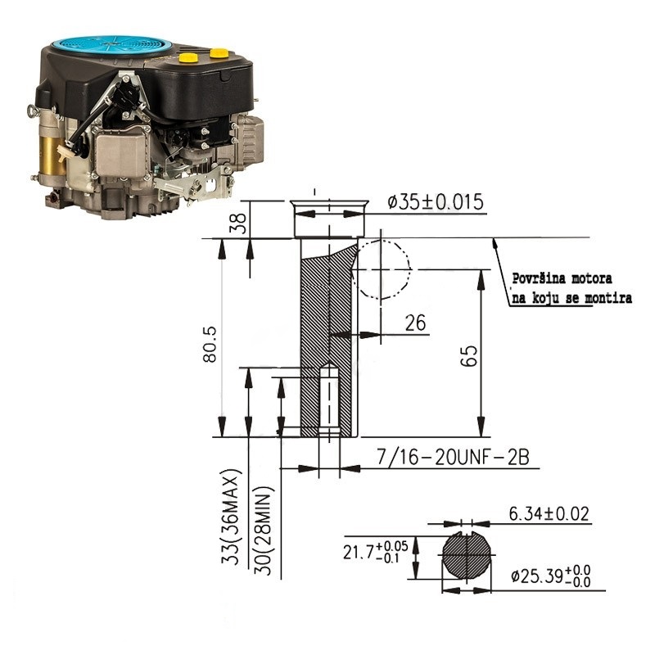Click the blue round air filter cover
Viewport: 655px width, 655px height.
tap(111, 46)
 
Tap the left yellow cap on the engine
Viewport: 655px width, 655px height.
tap(188, 57)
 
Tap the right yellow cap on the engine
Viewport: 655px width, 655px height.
tap(219, 53)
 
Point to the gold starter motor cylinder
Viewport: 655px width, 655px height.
tap(51, 156)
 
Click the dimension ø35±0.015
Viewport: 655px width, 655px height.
tap(436, 201)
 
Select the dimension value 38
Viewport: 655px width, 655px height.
tap(238, 224)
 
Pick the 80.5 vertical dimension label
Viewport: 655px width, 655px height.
tap(210, 344)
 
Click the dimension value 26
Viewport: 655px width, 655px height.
tap(415, 323)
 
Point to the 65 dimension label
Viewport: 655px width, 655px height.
tap(468, 355)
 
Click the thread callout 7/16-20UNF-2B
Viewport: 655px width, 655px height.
tap(454, 457)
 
